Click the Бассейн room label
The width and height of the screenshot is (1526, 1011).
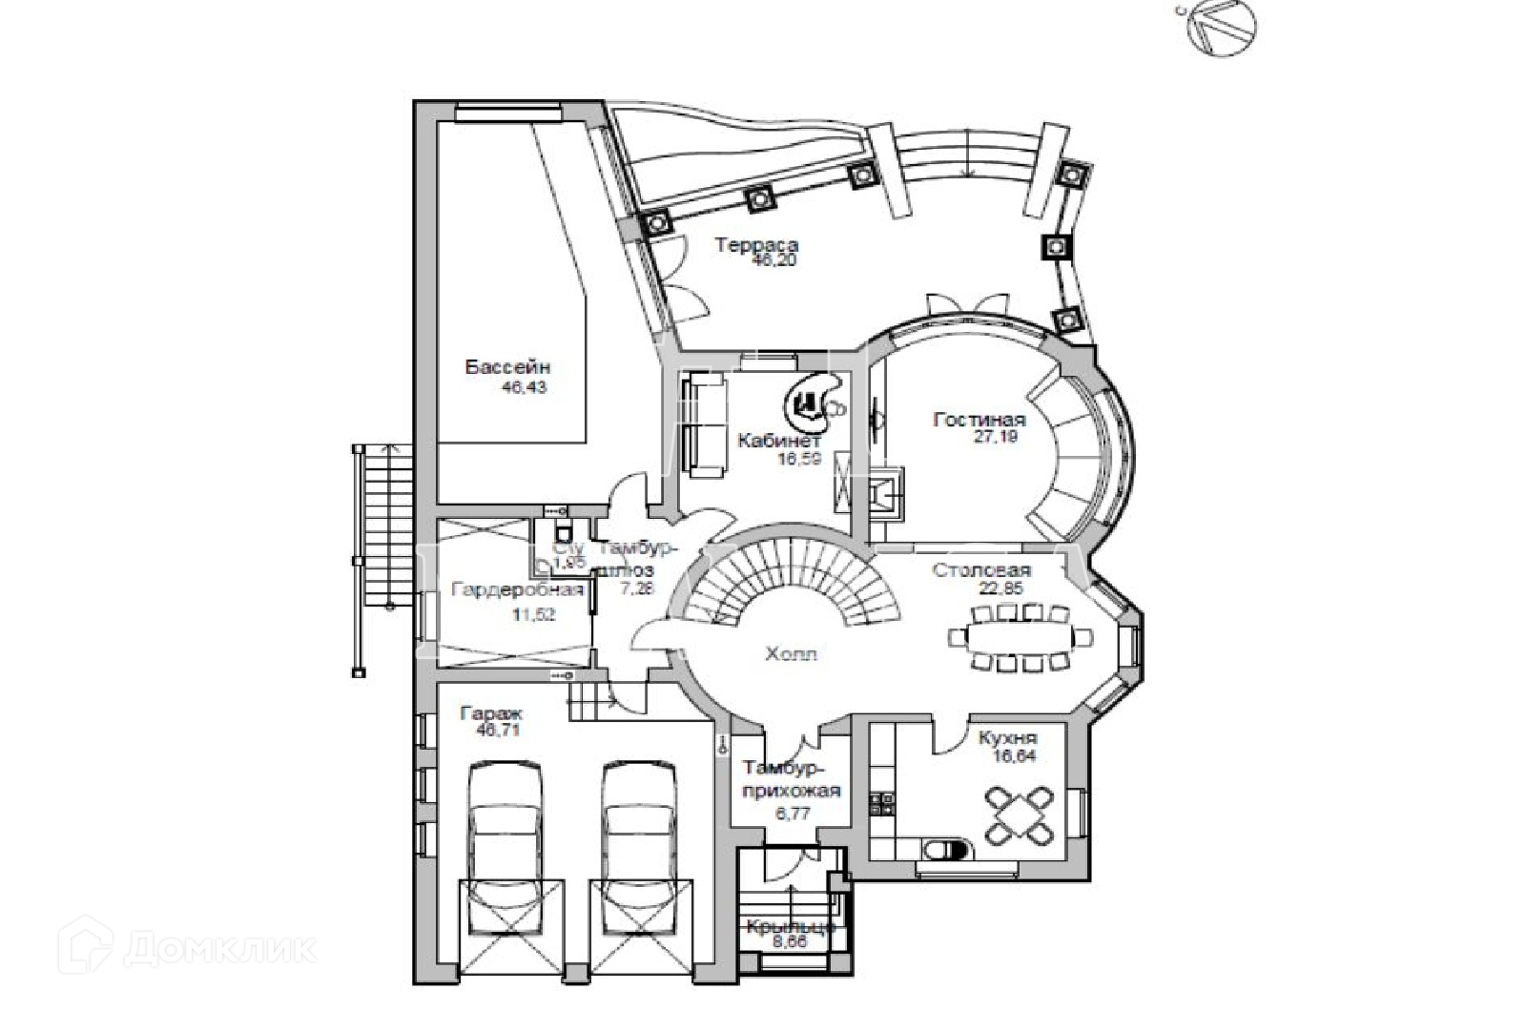507,367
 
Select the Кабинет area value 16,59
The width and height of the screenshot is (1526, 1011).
779,459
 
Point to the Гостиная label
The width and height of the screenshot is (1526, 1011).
980,420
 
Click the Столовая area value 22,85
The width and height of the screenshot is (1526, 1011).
1000,588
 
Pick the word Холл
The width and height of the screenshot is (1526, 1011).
791,654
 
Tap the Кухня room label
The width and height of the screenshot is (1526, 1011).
1007,737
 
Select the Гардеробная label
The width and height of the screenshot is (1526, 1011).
517,589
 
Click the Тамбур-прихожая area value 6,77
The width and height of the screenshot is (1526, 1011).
791,814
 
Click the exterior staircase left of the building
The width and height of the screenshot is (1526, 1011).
381,558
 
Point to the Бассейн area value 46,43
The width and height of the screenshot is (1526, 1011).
524,388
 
